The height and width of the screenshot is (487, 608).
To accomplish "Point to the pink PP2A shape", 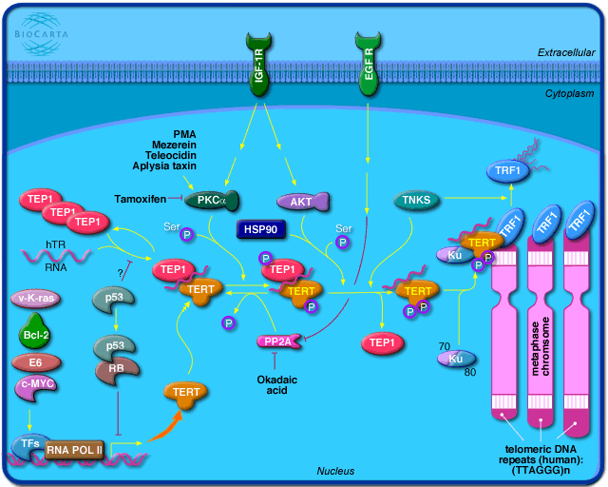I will tap(277, 340).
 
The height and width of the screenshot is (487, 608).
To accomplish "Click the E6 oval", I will tap(35, 362).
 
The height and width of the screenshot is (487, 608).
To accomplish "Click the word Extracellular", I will tap(563, 51).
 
